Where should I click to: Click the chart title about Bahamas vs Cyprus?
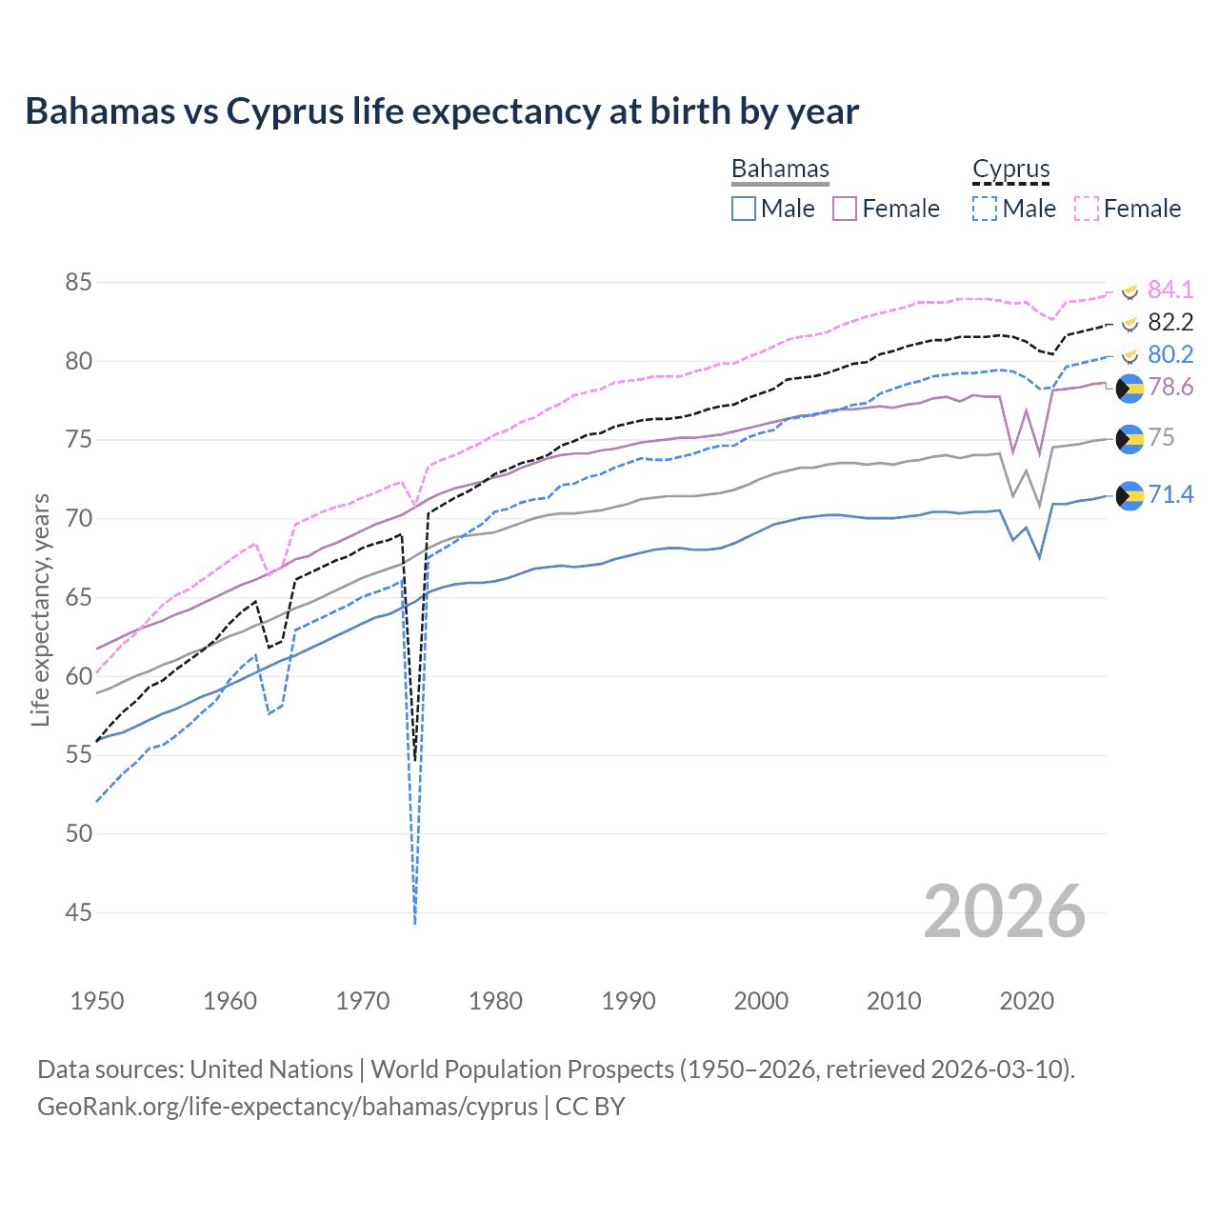coord(442,111)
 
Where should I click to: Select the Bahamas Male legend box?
coord(744,209)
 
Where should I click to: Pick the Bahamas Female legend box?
coord(845,209)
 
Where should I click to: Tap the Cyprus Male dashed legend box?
coord(985,209)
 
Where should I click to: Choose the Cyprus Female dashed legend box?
coord(1087,209)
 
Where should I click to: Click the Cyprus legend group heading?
coord(1010,170)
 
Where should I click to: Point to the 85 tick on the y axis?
coord(79,283)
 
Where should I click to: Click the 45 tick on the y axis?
coord(79,913)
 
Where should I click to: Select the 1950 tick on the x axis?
coord(97,1001)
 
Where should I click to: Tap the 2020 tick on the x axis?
coord(1027,1001)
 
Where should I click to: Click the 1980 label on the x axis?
coord(495,1001)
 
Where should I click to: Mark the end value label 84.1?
coord(1170,290)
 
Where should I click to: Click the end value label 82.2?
coord(1170,322)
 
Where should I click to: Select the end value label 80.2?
coord(1170,355)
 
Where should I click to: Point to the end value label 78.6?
coord(1170,388)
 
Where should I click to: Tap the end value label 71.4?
coord(1170,494)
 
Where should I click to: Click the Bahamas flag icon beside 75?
coord(1129,438)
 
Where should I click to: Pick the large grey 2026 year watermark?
coord(1005,911)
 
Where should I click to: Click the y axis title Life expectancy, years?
coord(41,609)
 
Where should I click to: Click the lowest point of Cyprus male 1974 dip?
coord(415,922)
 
